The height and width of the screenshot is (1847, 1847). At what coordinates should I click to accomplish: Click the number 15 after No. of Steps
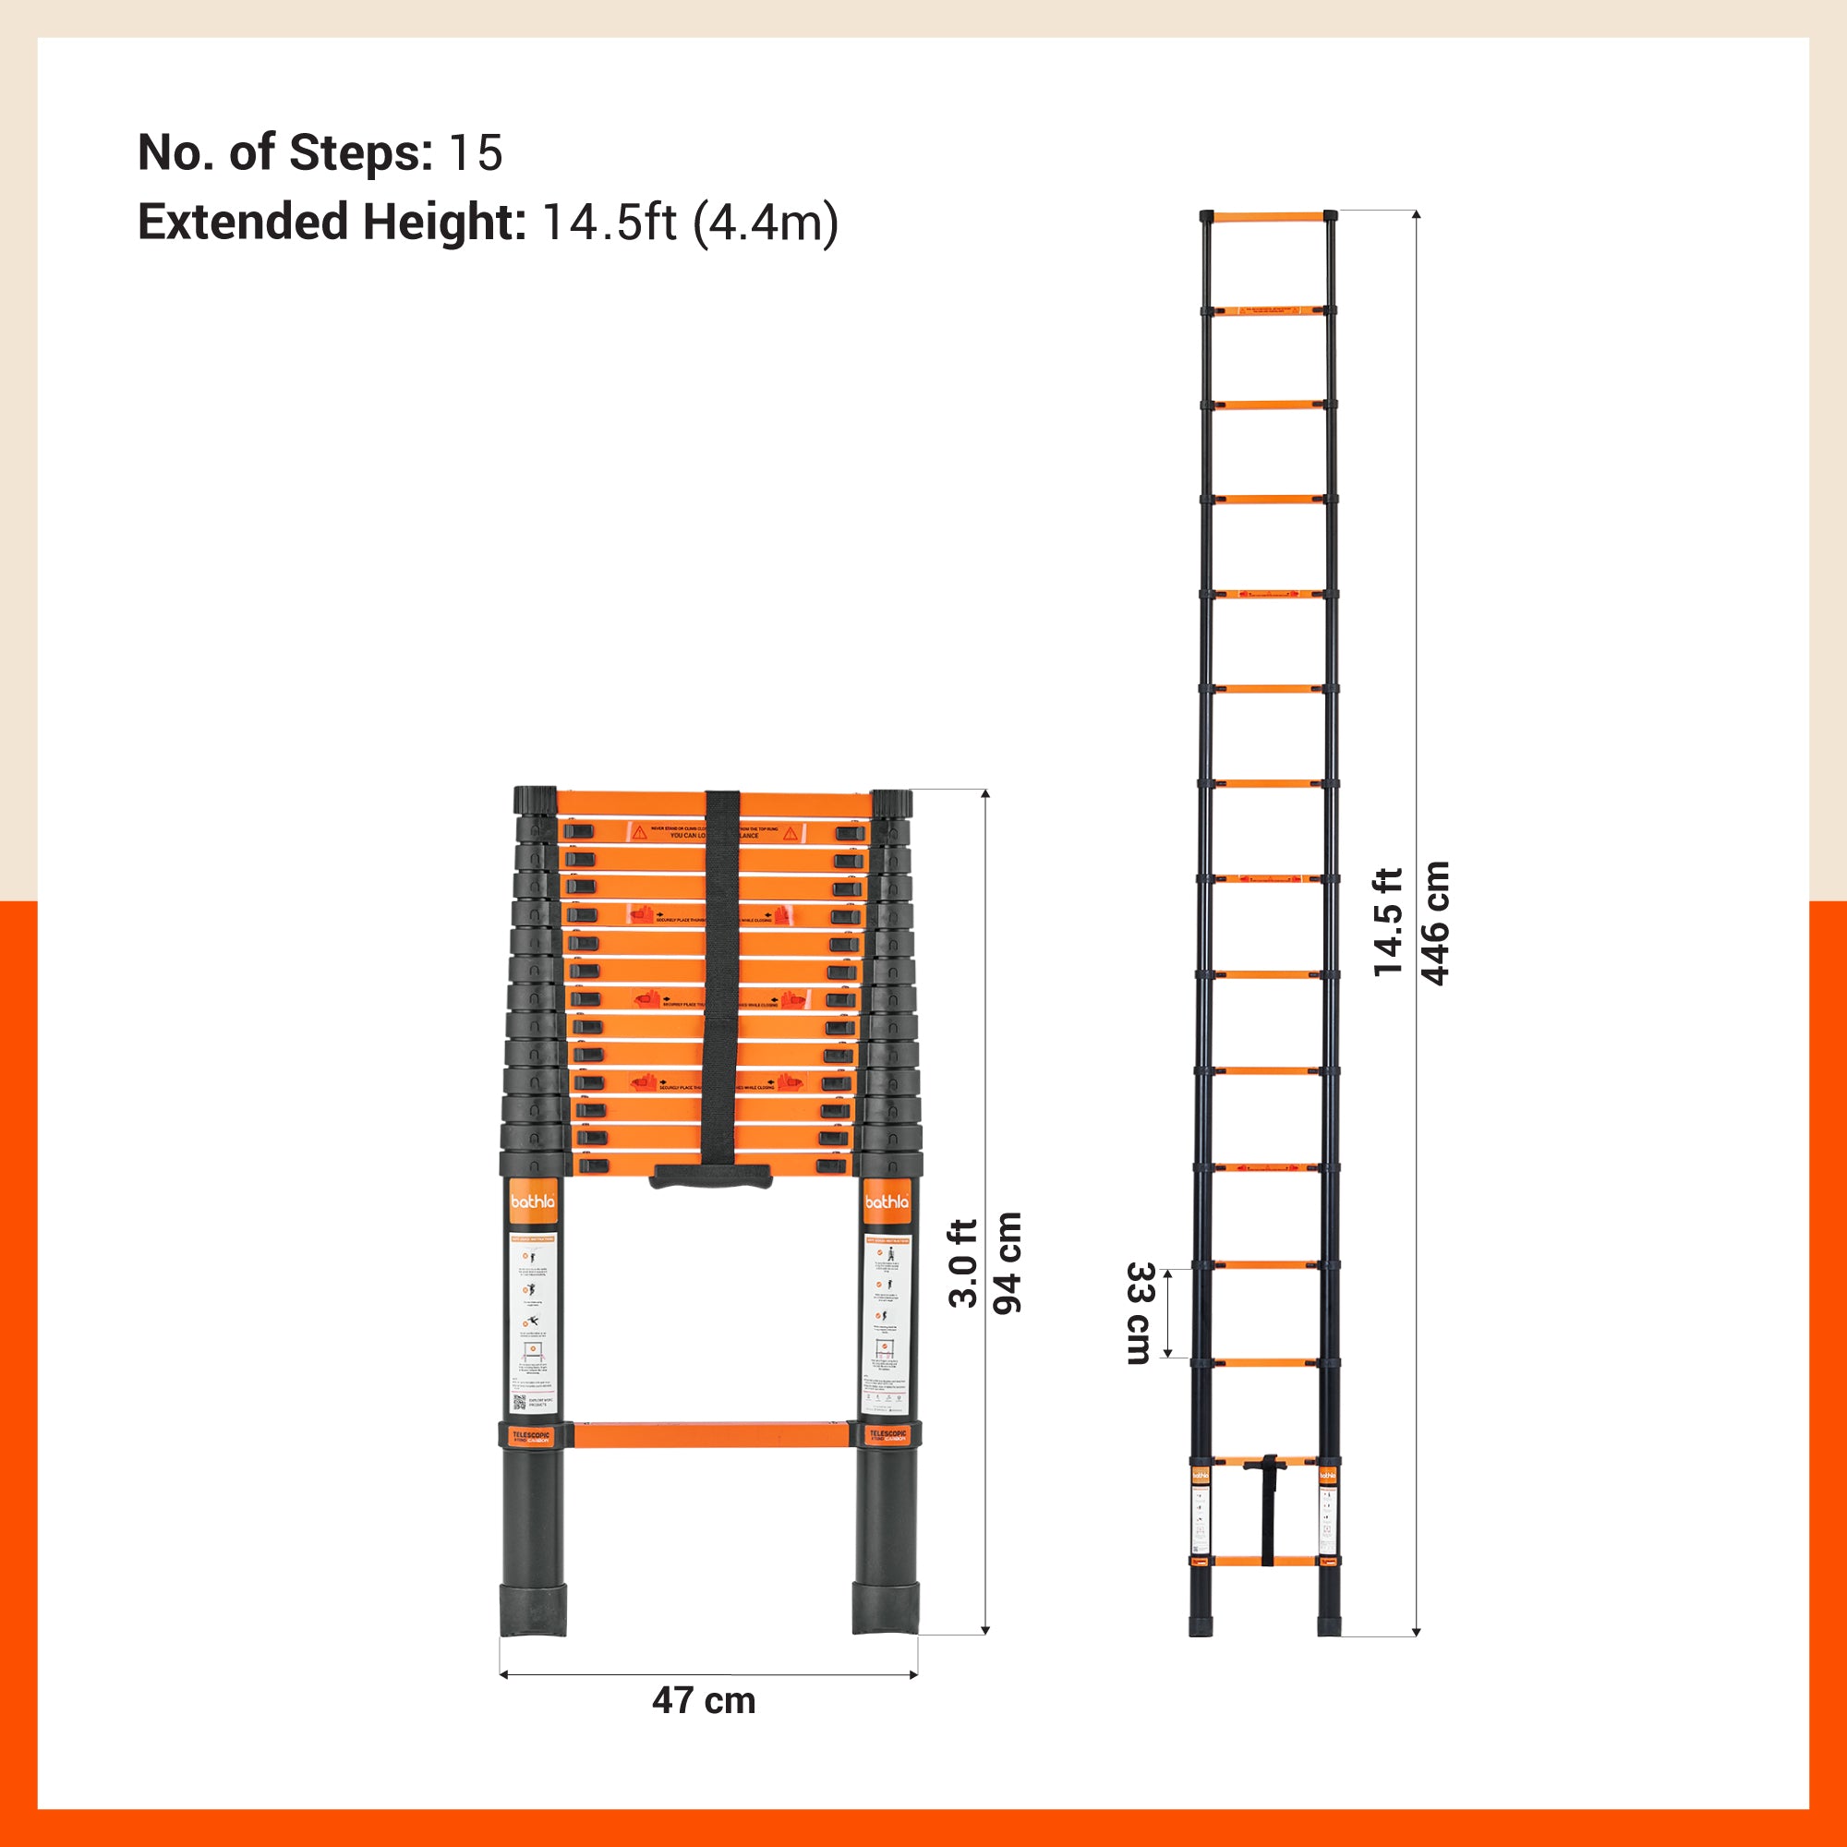[477, 153]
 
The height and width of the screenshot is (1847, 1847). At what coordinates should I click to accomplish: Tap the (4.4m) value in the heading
[765, 223]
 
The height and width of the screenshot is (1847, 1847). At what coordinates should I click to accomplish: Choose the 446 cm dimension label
[1435, 923]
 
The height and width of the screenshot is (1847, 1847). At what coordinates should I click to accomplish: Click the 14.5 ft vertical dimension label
[1388, 923]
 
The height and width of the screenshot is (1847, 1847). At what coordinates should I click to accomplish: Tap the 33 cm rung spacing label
[1140, 1312]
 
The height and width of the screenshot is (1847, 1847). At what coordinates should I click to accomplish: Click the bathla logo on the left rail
[533, 1202]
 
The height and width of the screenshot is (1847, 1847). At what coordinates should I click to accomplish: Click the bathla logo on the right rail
[887, 1202]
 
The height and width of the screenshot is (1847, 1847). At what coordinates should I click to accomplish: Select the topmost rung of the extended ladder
[1269, 217]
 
